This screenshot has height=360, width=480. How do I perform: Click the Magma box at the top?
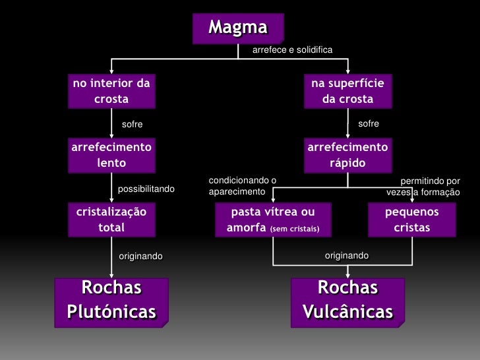tap(238, 28)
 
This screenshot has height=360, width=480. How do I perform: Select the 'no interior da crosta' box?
tap(111, 91)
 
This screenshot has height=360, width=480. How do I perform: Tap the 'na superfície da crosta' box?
tap(347, 91)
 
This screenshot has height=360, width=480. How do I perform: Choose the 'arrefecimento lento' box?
tap(111, 154)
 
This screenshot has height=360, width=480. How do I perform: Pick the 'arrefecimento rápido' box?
tap(347, 154)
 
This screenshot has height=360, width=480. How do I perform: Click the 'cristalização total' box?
tap(111, 220)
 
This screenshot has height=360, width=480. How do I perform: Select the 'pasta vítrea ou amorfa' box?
tap(273, 220)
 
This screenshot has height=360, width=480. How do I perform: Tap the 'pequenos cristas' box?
tap(411, 220)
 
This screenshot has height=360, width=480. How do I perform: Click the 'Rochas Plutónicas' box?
tap(111, 300)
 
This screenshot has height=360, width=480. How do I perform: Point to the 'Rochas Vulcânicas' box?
tap(347, 300)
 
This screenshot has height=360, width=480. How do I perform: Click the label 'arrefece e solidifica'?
tap(292, 51)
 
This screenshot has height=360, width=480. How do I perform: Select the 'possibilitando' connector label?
tap(146, 189)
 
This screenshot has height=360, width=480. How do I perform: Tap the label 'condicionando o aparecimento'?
tap(241, 185)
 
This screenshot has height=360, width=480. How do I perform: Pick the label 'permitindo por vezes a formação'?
tap(423, 186)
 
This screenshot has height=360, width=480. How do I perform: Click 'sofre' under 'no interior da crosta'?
tap(132, 125)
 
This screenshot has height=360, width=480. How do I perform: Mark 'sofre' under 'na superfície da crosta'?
tap(369, 123)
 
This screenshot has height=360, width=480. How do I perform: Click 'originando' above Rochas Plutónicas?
tap(140, 256)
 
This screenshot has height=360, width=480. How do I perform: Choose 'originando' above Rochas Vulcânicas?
tap(347, 255)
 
